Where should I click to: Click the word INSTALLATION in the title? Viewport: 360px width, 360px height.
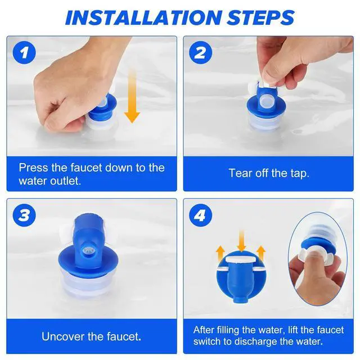pyautogui.click(x=143, y=17)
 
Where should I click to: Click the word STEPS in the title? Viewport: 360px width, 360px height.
pyautogui.click(x=260, y=17)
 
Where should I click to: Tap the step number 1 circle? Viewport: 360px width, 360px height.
pyautogui.click(x=24, y=53)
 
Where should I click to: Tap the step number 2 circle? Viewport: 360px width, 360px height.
pyautogui.click(x=200, y=53)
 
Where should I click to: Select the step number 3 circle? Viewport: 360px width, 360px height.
pyautogui.click(x=24, y=215)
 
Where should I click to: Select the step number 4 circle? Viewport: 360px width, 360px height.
pyautogui.click(x=200, y=215)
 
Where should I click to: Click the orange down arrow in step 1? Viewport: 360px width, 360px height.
pyautogui.click(x=132, y=96)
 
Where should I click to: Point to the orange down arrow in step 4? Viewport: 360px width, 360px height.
pyautogui.click(x=241, y=241)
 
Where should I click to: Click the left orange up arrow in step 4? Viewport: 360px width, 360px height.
pyautogui.click(x=220, y=253)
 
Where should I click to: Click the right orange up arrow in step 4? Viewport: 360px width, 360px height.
pyautogui.click(x=261, y=253)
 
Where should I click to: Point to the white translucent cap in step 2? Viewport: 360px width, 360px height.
pyautogui.click(x=268, y=100)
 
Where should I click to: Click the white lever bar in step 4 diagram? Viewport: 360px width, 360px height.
pyautogui.click(x=241, y=259)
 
